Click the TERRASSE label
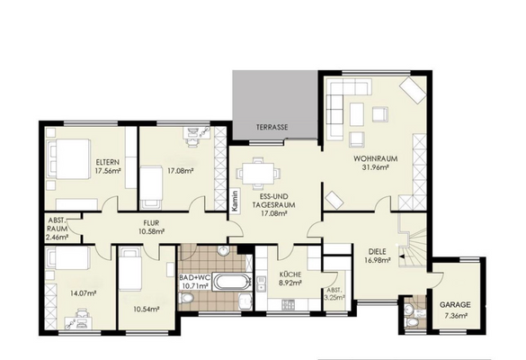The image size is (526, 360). click(272, 128)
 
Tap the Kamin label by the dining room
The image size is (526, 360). click(236, 201)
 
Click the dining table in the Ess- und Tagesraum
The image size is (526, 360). click(258, 174)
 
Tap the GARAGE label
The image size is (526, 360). click(455, 305)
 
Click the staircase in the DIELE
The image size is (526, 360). click(413, 240)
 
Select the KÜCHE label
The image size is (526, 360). click(290, 274)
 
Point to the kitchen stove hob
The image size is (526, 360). click(288, 304)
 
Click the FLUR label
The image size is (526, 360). click(151, 223)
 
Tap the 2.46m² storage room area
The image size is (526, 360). click(57, 238)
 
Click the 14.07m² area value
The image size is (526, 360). click(84, 293)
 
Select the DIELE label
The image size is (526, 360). click(377, 251)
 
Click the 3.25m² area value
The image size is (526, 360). click(334, 297)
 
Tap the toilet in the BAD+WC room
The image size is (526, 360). click(185, 298)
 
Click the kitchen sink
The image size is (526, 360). click(261, 283)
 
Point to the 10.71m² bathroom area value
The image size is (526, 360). click(195, 286)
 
